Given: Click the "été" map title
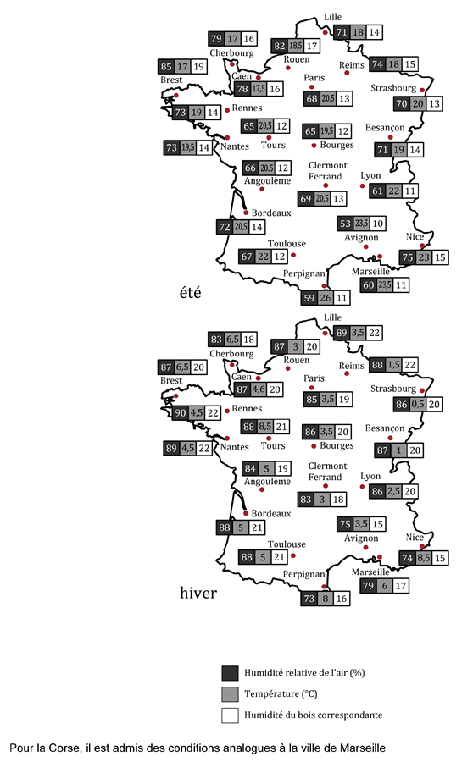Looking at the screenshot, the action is point(190,293).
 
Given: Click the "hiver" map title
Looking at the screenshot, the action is point(198,593).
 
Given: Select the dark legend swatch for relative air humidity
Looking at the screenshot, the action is point(230,673).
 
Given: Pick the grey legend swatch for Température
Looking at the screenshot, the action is point(230,694).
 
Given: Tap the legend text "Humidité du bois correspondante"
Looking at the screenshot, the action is point(313,715).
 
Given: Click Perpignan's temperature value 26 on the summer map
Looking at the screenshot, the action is point(326,297).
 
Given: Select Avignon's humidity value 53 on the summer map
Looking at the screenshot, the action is point(345,224).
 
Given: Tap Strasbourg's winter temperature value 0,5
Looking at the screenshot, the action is point(418,405).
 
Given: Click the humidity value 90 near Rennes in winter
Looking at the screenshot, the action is point(181,413).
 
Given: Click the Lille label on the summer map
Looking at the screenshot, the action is point(332,17).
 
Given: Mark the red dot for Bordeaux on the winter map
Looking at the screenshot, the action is point(246,513).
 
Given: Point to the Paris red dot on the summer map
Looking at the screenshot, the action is point(312,87).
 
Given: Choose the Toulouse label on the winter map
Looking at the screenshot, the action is point(287,544).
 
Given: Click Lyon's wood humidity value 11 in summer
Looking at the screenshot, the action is point(410,191).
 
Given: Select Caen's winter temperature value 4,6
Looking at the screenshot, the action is point(259,389).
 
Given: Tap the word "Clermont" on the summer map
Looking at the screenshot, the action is point(328,165).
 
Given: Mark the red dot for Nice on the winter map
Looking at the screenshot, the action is point(422,547).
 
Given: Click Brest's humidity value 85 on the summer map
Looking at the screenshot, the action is point(166,67).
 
